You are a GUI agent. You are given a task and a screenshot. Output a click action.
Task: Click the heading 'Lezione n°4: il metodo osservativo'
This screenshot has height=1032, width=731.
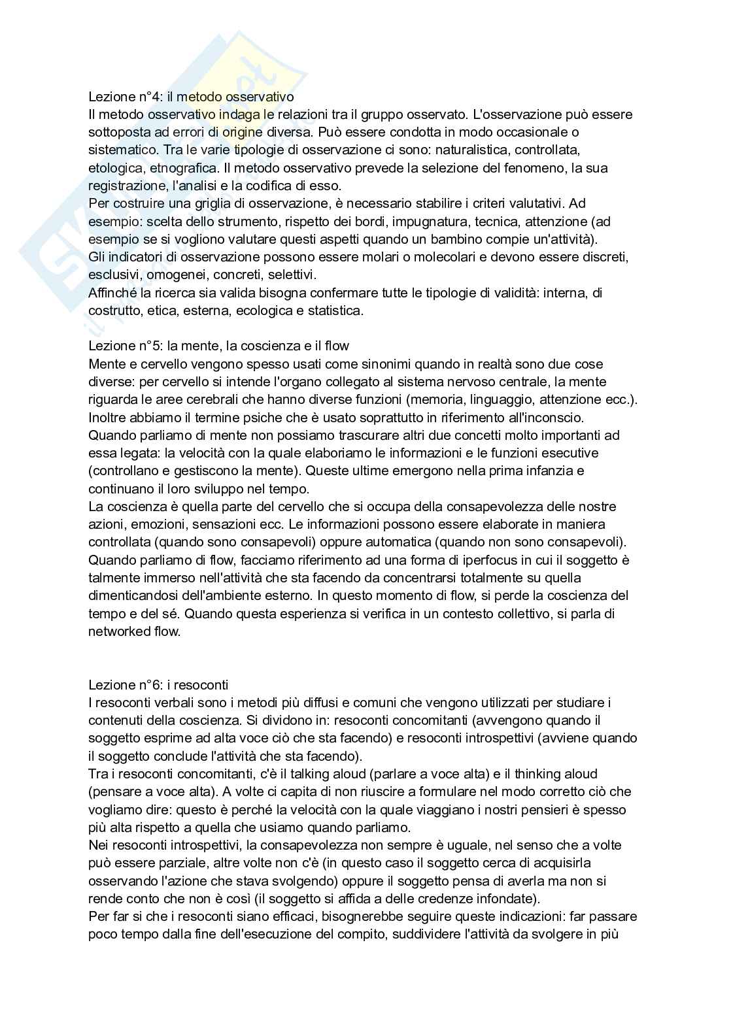191,97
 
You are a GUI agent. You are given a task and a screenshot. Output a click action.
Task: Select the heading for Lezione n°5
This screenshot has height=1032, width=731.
218,346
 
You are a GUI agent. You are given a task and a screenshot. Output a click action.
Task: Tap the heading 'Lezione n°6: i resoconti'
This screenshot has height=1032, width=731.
158,685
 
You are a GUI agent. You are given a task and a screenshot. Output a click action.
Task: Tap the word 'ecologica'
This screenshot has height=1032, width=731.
267,310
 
